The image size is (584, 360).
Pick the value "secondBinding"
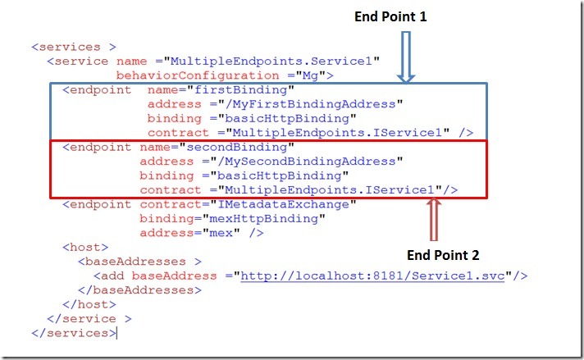(x=246, y=147)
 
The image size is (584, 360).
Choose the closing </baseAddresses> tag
(x=139, y=290)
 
